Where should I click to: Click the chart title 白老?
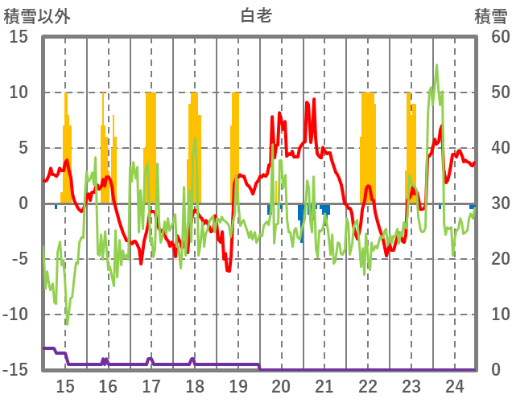pos(256,15)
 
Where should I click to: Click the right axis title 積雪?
pos(489,15)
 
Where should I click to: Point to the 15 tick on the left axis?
pos(19,37)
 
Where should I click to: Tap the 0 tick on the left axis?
pos(23,204)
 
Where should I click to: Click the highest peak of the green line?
pos(436,65)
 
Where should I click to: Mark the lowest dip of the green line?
pos(67,324)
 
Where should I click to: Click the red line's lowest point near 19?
pos(229,271)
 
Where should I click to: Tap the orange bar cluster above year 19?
pos(235,145)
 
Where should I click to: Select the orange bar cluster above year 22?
pos(368,145)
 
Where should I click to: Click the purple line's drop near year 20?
pos(260,367)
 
